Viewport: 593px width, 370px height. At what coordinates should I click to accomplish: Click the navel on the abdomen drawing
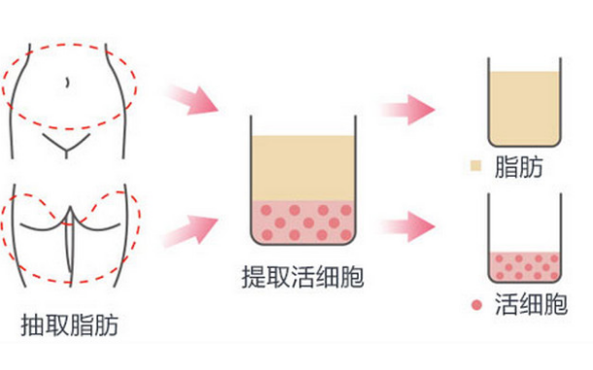pos(66,82)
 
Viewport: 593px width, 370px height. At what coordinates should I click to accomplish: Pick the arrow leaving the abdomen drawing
pos(193,98)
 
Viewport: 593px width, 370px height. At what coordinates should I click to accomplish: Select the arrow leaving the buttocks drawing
pos(193,228)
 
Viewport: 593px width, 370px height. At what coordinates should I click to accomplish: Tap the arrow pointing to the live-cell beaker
pos(407,229)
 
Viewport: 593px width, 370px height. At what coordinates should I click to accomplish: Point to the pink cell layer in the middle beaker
pos(303,221)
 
